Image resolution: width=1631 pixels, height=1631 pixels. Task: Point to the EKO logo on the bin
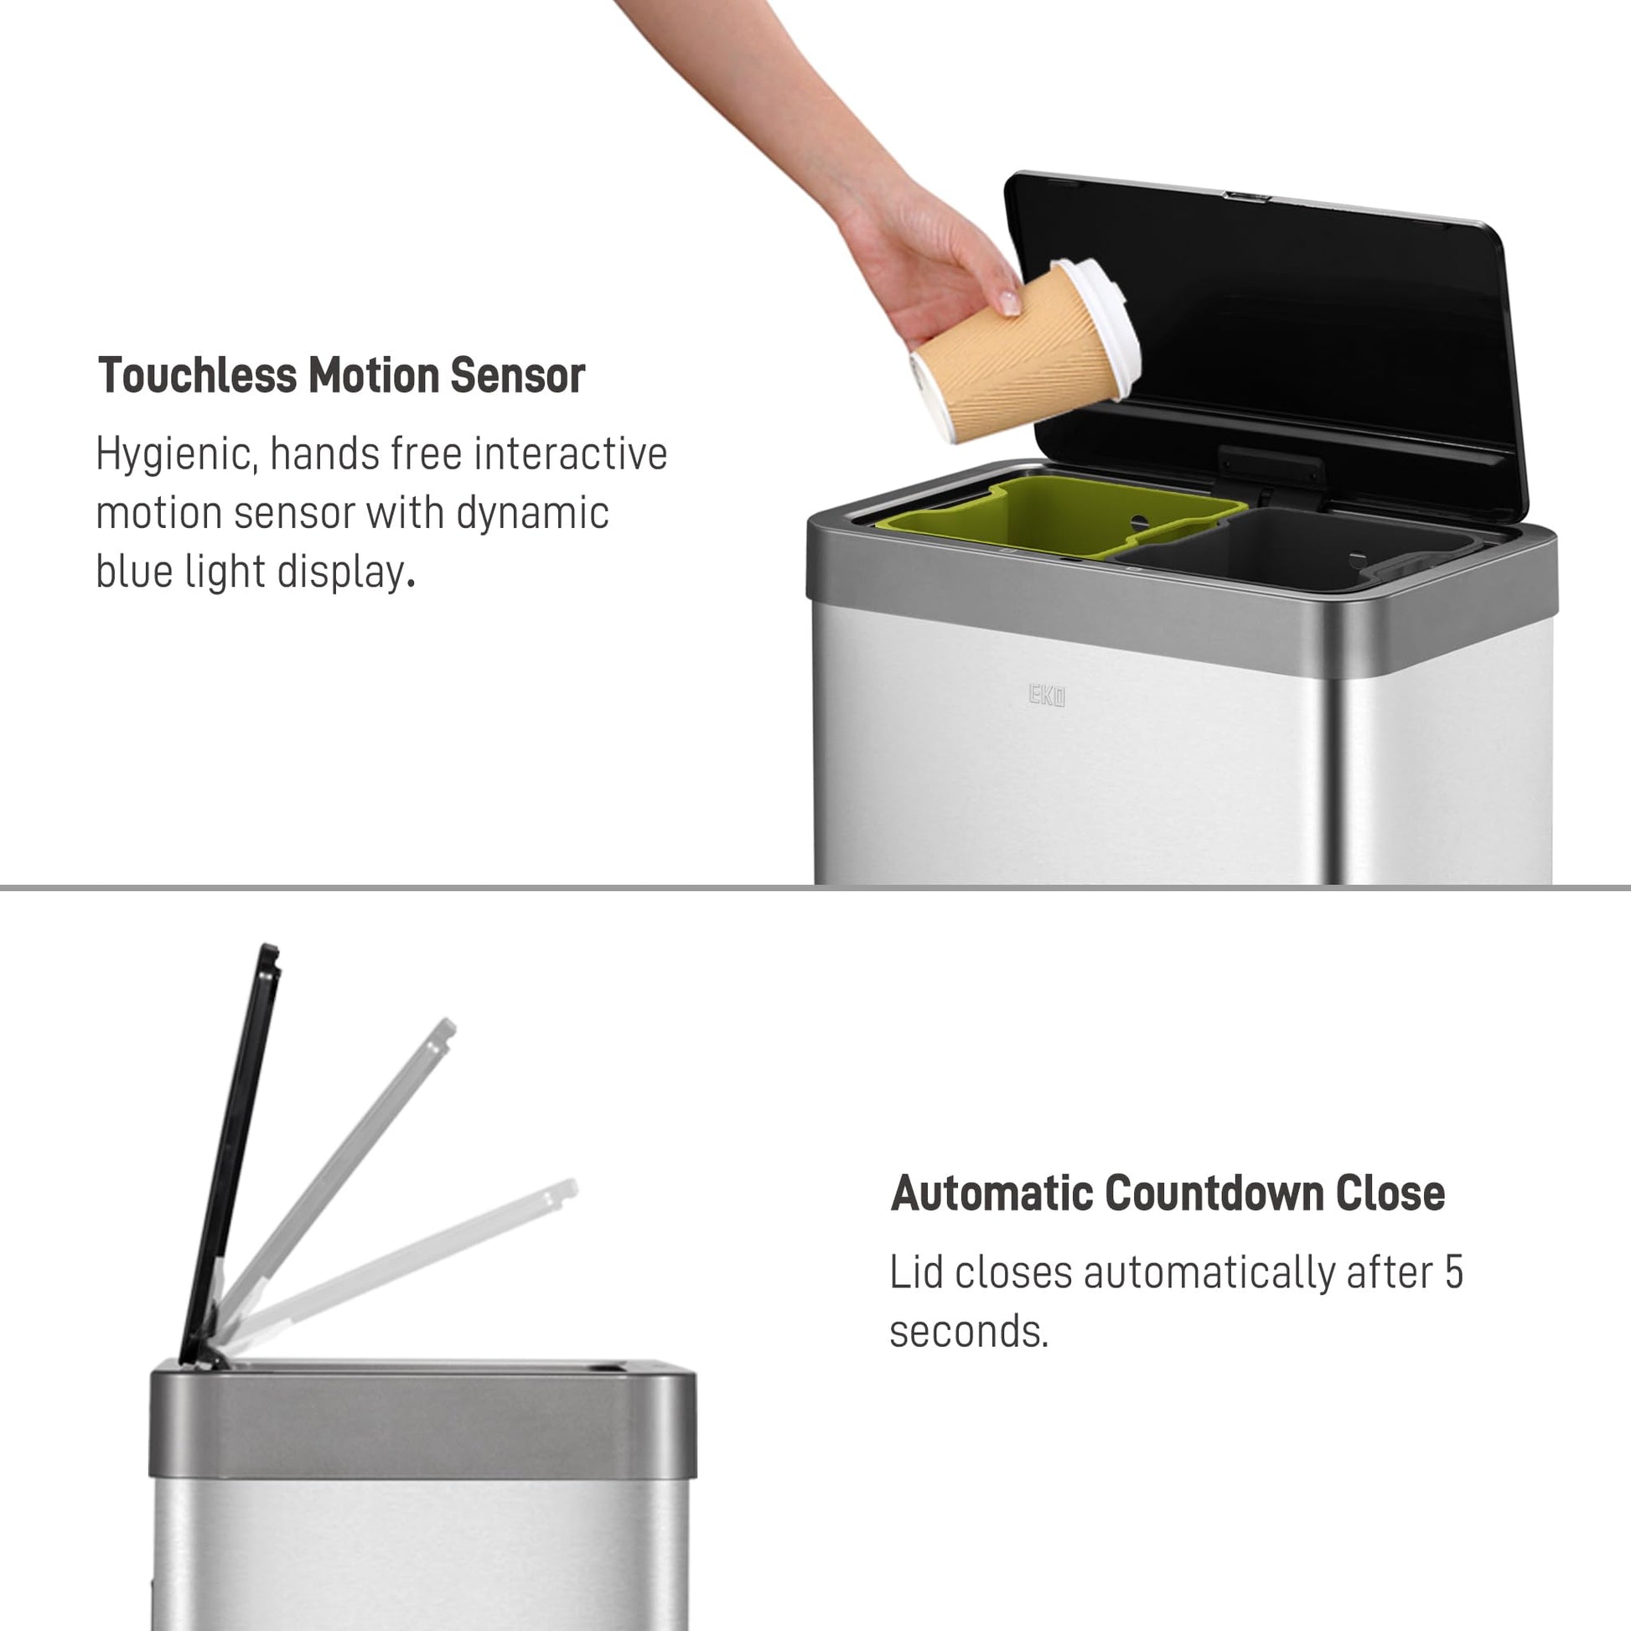[1047, 696]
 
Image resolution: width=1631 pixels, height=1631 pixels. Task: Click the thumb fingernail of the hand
[1009, 301]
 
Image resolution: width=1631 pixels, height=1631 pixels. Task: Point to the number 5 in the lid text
[1452, 1272]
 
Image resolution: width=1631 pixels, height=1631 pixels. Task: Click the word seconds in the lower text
[968, 1331]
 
